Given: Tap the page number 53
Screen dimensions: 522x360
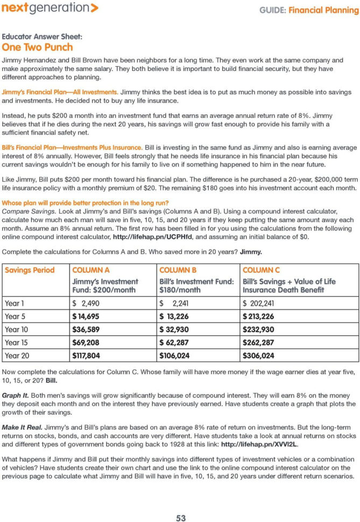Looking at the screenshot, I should click(x=181, y=503).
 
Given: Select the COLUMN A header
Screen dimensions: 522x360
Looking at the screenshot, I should click(x=90, y=270).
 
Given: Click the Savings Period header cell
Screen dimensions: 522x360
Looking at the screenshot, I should click(x=30, y=270).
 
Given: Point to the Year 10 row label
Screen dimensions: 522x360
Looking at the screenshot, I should click(x=16, y=329).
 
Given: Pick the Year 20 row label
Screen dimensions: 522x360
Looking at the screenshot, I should click(x=16, y=355).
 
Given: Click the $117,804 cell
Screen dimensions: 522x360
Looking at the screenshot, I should click(x=90, y=355).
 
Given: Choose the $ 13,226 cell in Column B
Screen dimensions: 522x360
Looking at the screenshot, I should click(x=178, y=316).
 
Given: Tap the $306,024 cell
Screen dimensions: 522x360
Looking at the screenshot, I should click(x=258, y=355).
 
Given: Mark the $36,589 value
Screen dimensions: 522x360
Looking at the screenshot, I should click(x=88, y=329).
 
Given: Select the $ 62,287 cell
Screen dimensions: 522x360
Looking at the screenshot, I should click(x=178, y=342).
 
